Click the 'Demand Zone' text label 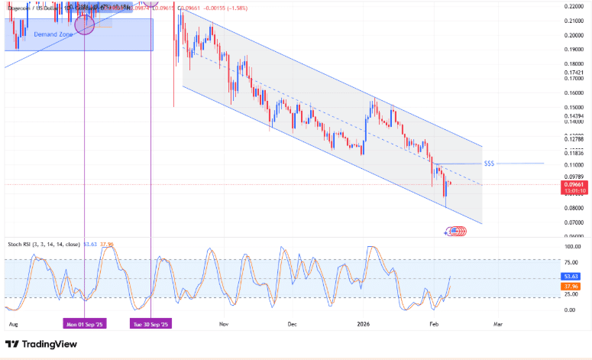(x=53, y=35)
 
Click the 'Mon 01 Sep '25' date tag (x=84, y=323)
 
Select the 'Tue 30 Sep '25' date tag (x=150, y=323)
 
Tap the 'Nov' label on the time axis (x=224, y=323)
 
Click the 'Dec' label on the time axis (x=292, y=323)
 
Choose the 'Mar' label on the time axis (x=497, y=323)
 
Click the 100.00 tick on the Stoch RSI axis (x=572, y=247)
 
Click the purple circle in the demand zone (x=84, y=24)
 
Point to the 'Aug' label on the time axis (x=12, y=323)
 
